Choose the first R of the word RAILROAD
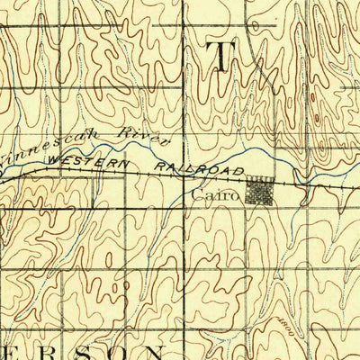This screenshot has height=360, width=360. coord(159,163)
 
